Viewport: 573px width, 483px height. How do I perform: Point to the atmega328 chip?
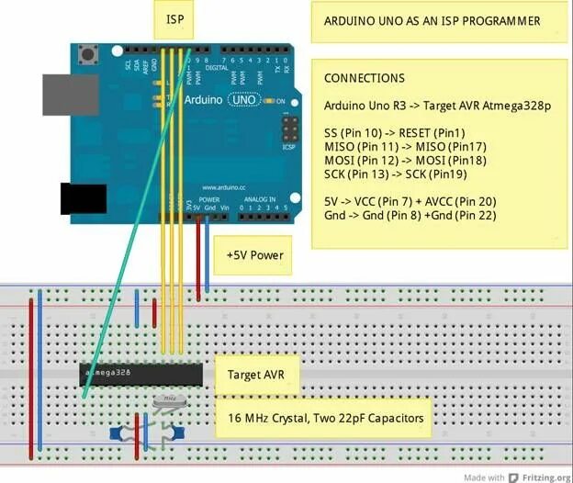click(x=141, y=374)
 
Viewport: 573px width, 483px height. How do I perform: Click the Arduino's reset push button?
click(x=89, y=55)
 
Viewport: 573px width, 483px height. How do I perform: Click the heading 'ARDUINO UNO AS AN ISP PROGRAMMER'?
click(x=432, y=20)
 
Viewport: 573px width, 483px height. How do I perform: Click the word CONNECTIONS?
click(x=365, y=78)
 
